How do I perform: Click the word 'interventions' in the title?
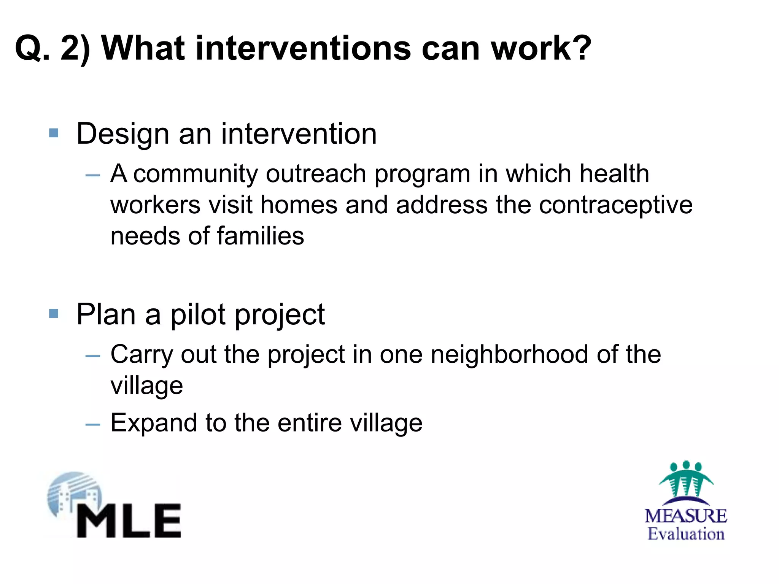coord(303,48)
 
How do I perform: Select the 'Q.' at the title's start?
coord(32,49)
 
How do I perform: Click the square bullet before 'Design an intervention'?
coord(54,133)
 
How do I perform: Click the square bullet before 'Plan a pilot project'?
coord(54,314)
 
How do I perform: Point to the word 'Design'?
coord(122,135)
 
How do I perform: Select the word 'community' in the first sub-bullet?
coord(196,174)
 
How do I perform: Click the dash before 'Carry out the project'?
coord(93,356)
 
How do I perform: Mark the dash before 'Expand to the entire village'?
coord(93,424)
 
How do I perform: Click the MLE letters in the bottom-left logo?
coord(129,521)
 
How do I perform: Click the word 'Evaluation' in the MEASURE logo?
coord(686,534)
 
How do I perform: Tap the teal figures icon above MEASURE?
coord(686,479)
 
